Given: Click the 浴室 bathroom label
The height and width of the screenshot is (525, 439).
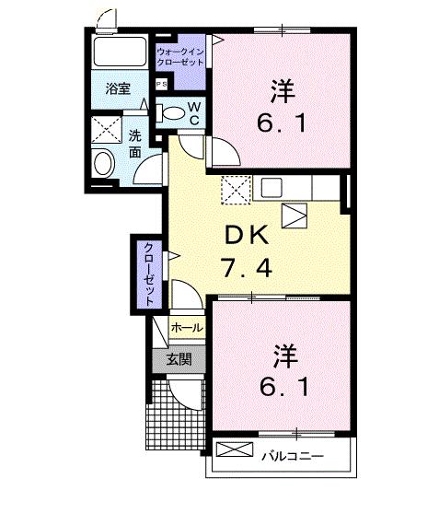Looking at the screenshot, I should pyautogui.click(x=118, y=89).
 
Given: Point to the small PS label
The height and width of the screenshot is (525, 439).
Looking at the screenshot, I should pyautogui.click(x=162, y=84).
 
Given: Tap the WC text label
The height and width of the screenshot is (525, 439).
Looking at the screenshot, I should pyautogui.click(x=195, y=112).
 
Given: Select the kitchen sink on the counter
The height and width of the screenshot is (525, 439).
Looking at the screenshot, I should pyautogui.click(x=271, y=188).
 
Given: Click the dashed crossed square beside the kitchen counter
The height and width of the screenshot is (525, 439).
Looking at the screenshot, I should pyautogui.click(x=235, y=190).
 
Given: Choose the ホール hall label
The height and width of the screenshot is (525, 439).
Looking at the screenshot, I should pyautogui.click(x=188, y=327).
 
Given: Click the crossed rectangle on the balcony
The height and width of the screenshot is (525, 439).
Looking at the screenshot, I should pyautogui.click(x=236, y=450).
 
